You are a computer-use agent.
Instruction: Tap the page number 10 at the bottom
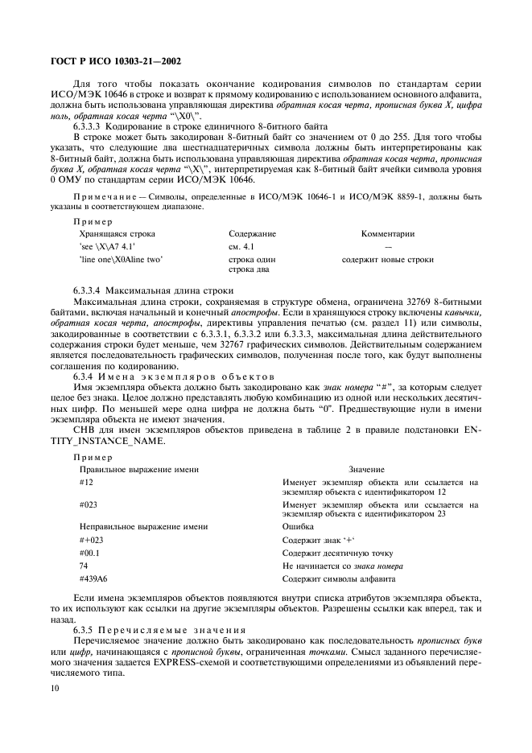55,689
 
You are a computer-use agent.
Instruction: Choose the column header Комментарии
387,233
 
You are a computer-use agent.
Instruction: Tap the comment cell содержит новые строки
387,260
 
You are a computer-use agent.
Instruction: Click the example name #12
87,481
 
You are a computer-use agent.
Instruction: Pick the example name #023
89,504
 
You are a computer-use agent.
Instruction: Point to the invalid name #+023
92,539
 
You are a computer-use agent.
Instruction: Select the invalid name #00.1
90,553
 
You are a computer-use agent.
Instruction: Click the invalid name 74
85,566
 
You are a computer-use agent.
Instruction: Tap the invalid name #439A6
94,578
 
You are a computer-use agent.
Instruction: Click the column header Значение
366,468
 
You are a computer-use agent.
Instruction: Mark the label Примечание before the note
101,196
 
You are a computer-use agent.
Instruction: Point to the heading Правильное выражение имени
138,468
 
